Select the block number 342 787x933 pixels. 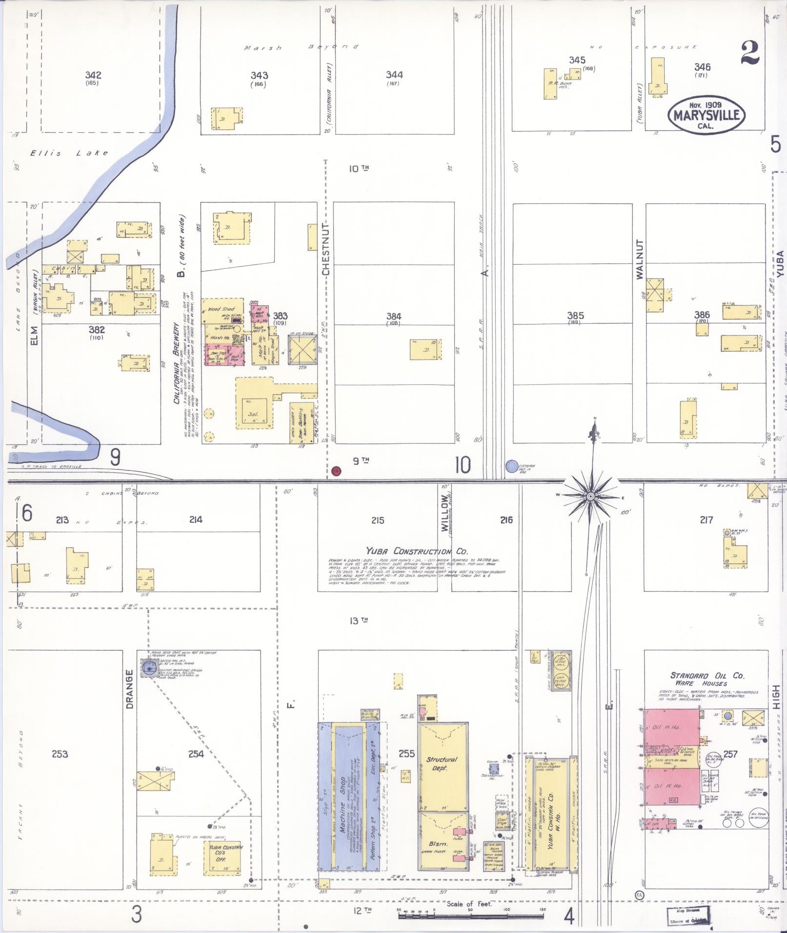[x=93, y=75]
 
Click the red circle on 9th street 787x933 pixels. [x=336, y=471]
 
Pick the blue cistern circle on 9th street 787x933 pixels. [x=511, y=466]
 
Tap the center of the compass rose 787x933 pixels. [x=590, y=496]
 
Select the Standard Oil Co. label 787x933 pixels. [x=707, y=675]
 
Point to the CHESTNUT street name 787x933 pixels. [x=326, y=249]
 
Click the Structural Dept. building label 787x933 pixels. [x=442, y=764]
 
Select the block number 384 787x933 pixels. [x=393, y=317]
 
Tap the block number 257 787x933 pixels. [x=730, y=754]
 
